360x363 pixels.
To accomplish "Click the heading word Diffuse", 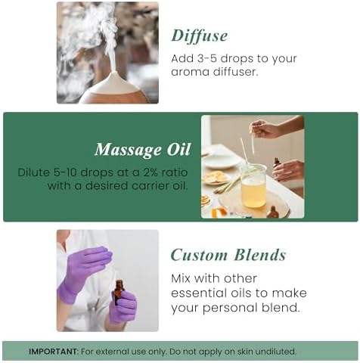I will (199, 36).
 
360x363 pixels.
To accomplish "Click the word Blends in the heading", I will (259, 255).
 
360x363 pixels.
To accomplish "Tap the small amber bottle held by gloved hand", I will (119, 291).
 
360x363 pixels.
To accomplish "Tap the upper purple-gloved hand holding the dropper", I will (85, 262).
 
